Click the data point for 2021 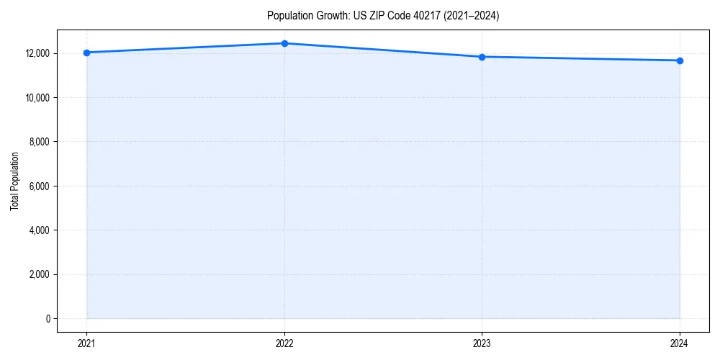pyautogui.click(x=86, y=53)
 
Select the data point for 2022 pyautogui.click(x=284, y=43)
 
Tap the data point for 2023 pyautogui.click(x=482, y=57)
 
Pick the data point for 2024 pyautogui.click(x=680, y=60)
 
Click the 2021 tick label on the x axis pyautogui.click(x=86, y=343)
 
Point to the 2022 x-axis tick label pyautogui.click(x=284, y=343)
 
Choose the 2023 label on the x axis pyautogui.click(x=482, y=343)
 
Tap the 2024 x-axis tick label pyautogui.click(x=680, y=343)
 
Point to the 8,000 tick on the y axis pyautogui.click(x=40, y=142)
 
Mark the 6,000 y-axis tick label pyautogui.click(x=40, y=186)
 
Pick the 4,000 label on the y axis pyautogui.click(x=40, y=230)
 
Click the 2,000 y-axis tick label pyautogui.click(x=40, y=274)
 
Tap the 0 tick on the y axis pyautogui.click(x=48, y=318)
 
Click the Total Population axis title pyautogui.click(x=14, y=181)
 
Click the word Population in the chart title pyautogui.click(x=289, y=16)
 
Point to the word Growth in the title pyautogui.click(x=332, y=16)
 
